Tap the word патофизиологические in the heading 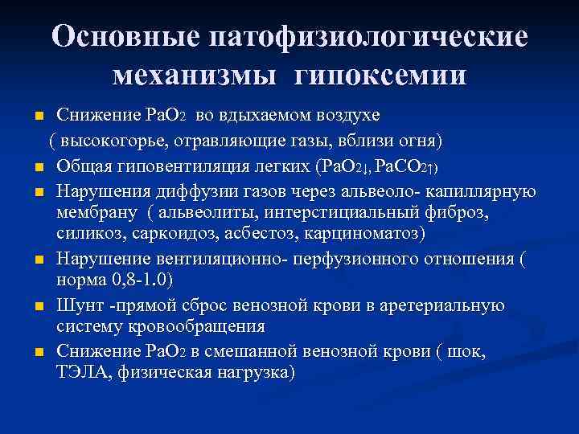[368, 38]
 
